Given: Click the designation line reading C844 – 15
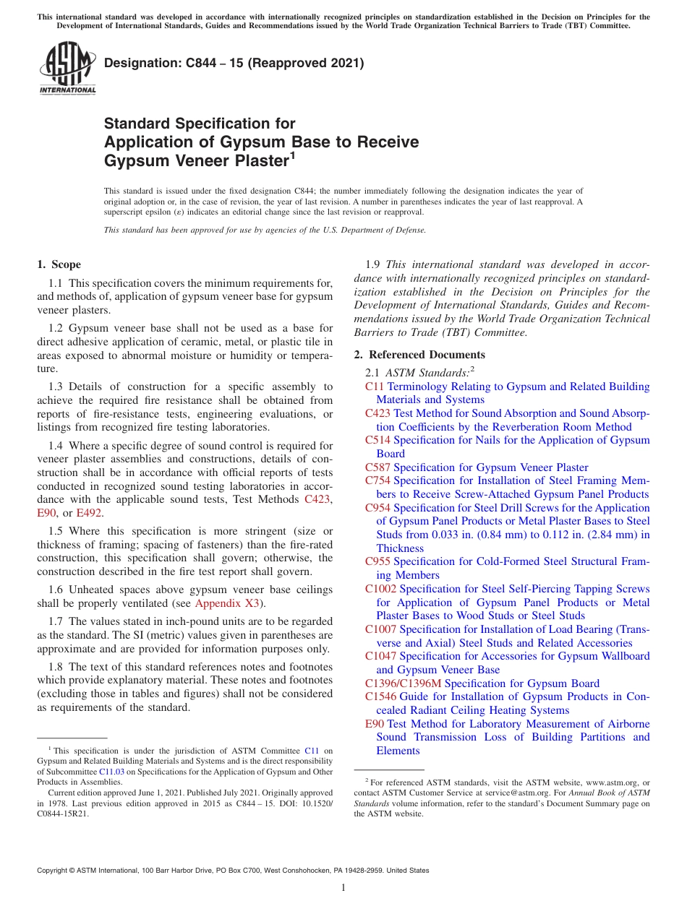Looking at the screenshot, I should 234,64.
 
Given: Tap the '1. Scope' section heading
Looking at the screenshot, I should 59,264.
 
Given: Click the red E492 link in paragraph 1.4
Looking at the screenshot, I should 89,513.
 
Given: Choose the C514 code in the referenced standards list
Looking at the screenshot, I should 377,440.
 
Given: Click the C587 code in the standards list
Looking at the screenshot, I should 377,467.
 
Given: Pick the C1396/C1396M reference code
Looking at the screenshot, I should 403,683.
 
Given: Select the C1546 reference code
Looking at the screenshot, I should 380,696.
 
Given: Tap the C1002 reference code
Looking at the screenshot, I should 380,589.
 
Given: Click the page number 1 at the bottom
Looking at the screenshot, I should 343,887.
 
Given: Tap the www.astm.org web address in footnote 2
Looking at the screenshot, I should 606,782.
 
